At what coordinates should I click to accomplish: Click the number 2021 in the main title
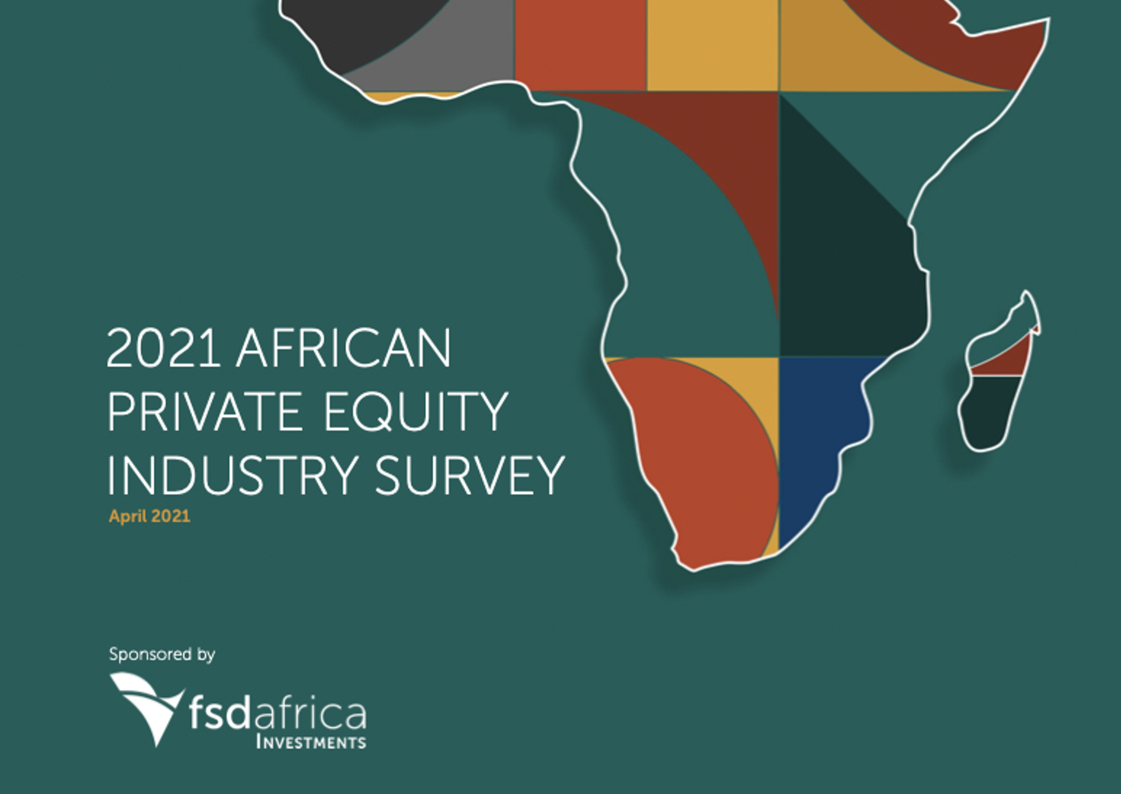tap(163, 348)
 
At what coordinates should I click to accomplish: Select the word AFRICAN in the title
tap(344, 348)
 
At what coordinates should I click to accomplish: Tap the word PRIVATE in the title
tap(204, 412)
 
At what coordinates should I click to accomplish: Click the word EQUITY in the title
tap(416, 413)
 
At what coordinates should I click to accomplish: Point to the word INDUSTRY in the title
tap(232, 475)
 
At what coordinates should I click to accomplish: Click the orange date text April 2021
tap(149, 517)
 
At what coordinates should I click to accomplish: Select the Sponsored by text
tap(162, 654)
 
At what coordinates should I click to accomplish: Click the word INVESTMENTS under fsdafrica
tap(311, 743)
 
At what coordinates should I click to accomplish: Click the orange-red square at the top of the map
tap(580, 45)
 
